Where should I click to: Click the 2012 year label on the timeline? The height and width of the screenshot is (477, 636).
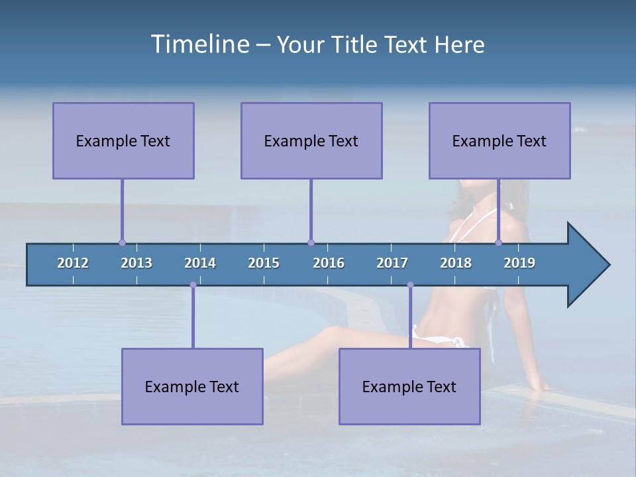73,263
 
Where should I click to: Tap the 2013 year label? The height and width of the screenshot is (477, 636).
136,263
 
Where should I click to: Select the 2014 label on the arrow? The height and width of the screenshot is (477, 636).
200,263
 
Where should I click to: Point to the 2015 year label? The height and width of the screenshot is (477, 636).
264,263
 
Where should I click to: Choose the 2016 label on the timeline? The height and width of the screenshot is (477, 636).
329,263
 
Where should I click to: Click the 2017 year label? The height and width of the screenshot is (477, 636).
392,263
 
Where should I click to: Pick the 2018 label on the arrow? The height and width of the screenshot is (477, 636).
456,263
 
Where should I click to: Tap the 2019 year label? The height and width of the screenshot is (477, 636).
519,263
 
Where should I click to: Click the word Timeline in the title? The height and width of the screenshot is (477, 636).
199,44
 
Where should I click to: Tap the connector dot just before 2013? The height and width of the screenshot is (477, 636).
122,243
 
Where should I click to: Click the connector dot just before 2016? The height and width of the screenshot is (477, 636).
311,243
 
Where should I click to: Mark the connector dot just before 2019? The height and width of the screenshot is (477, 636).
499,243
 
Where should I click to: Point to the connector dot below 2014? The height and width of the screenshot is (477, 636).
193,285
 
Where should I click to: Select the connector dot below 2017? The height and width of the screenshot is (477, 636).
410,285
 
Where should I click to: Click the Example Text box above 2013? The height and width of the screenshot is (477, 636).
123,140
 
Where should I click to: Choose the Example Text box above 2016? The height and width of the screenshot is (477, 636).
311,140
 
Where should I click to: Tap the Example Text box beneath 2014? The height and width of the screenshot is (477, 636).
192,386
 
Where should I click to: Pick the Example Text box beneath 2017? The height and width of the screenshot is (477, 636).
409,386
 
